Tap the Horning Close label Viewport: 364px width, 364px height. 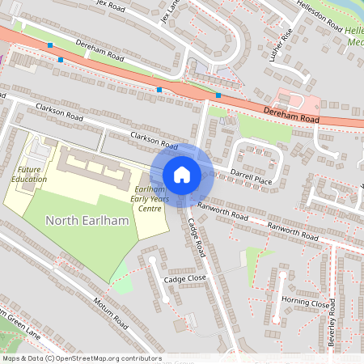click(x=306, y=303)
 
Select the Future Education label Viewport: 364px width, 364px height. click(x=31, y=174)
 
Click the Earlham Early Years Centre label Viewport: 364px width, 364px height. click(x=148, y=198)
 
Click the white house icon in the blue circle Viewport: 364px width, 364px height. click(x=182, y=175)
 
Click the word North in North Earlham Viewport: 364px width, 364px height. click(x=61, y=221)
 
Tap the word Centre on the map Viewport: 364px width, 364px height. click(x=148, y=208)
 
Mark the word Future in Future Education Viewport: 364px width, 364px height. click(x=31, y=169)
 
